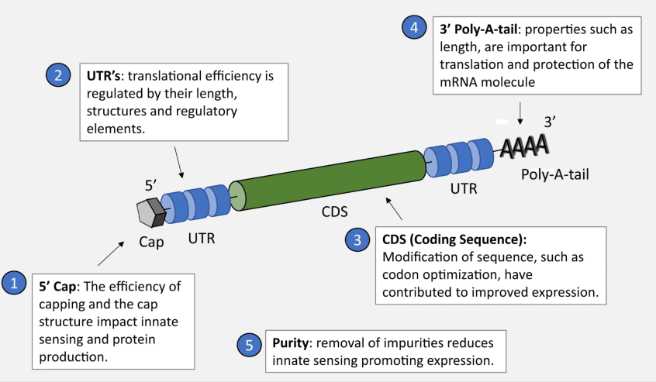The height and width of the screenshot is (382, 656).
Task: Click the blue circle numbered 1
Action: [16, 283]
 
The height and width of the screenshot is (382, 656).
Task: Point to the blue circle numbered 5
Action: [248, 345]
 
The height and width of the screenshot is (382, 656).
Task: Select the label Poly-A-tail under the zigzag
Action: [554, 174]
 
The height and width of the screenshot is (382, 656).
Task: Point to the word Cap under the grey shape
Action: [152, 242]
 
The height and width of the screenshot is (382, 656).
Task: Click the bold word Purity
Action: [291, 342]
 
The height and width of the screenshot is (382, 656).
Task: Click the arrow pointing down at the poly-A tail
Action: [520, 115]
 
